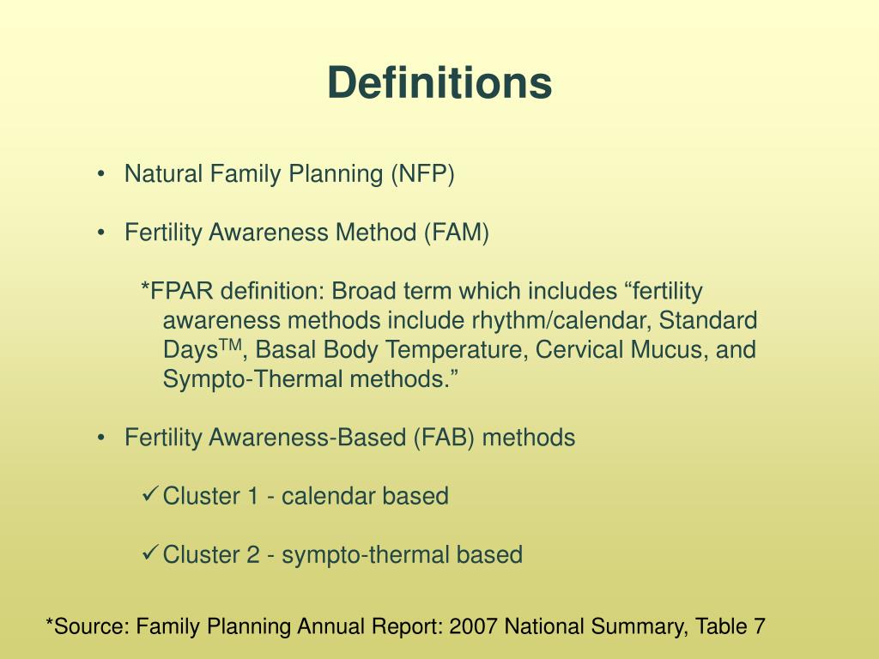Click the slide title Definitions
tap(439, 83)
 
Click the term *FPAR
tap(177, 292)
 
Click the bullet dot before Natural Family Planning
tap(102, 175)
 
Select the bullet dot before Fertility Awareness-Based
tap(102, 438)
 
